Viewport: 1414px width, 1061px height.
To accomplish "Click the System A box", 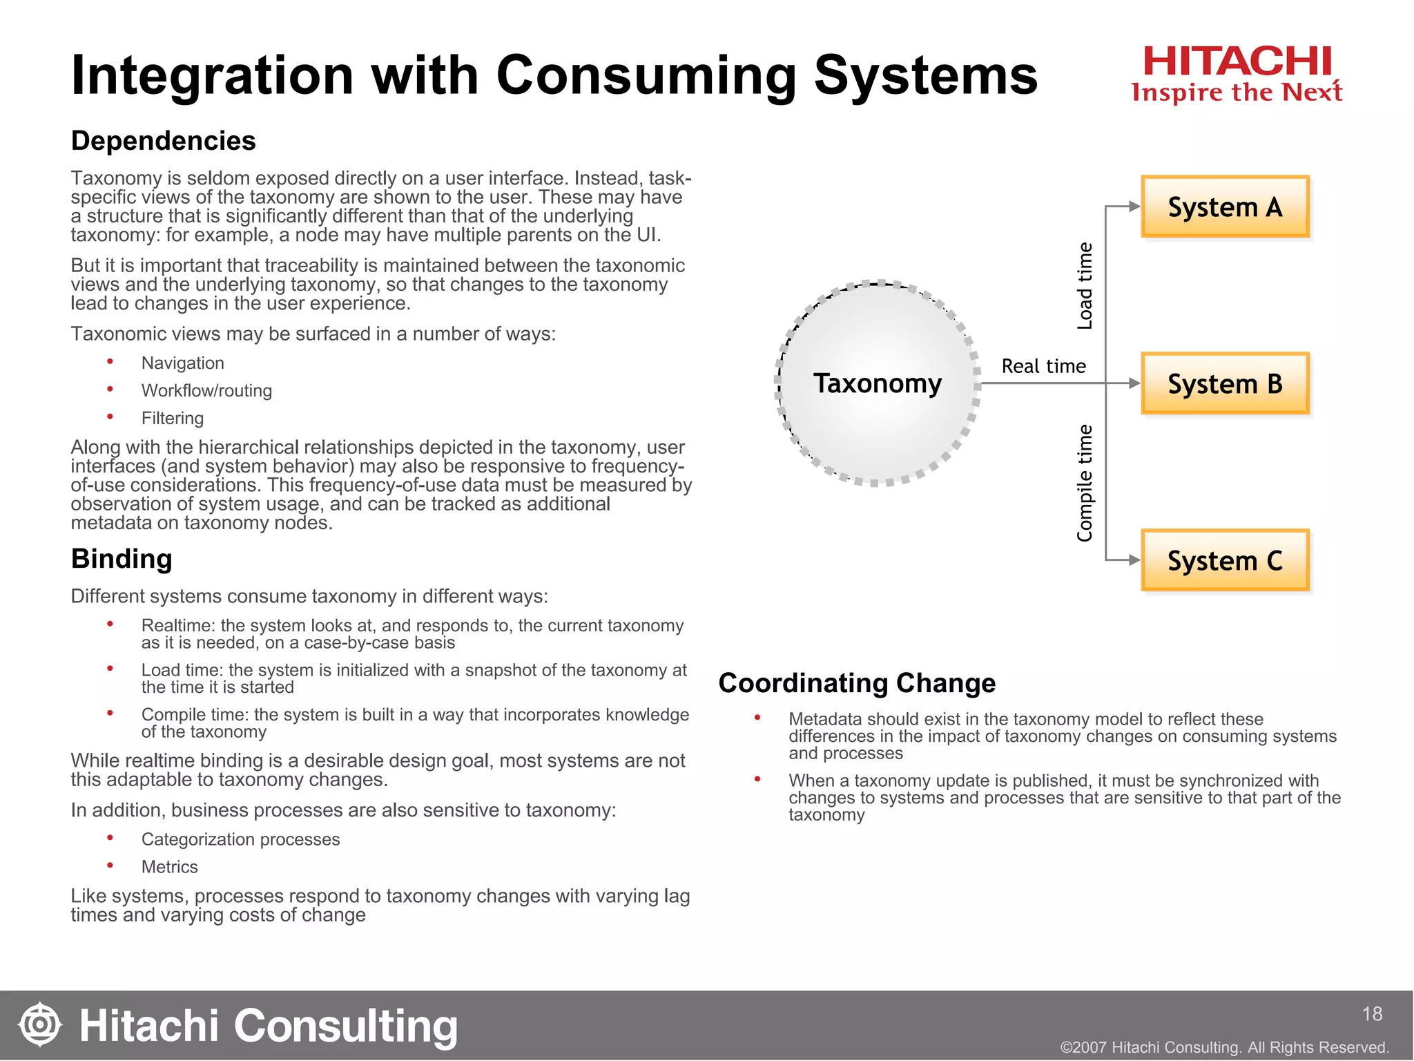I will coord(1225,207).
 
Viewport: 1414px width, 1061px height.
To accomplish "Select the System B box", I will coord(1225,383).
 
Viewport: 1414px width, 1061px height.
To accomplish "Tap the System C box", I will coord(1225,560).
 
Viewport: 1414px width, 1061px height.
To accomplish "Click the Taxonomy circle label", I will coord(877,383).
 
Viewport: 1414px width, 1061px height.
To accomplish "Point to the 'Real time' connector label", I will coord(1043,366).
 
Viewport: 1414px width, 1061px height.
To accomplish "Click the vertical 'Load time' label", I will coord(1085,286).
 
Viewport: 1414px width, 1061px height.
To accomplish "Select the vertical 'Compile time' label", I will coord(1085,483).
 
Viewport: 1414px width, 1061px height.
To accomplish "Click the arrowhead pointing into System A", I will coord(1134,207).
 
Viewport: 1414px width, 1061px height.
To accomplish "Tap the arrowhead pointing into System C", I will coord(1134,560).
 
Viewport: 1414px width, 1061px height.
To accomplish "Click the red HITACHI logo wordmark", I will coord(1237,61).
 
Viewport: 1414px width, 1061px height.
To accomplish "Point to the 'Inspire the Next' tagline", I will coord(1237,93).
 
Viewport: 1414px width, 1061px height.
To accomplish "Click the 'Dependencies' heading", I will coord(164,141).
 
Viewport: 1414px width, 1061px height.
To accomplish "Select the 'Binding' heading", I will coord(122,559).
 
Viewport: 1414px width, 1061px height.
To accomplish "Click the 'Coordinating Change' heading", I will coord(857,683).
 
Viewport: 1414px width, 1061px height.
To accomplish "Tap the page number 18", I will coord(1372,1014).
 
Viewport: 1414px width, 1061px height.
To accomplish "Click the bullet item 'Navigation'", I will coord(183,363).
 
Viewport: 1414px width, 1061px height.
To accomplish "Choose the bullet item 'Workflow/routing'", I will coord(206,391).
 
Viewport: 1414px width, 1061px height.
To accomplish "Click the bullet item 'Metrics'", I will coord(170,867).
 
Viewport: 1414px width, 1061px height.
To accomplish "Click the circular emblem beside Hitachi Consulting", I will coord(40,1024).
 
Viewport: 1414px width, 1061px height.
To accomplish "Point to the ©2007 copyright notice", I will coord(1224,1047).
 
